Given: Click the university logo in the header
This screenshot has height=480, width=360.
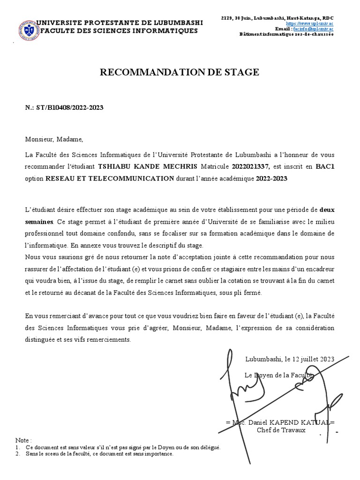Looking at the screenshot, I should tap(29, 30).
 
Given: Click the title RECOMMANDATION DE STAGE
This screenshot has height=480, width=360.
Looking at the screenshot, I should tap(179, 72).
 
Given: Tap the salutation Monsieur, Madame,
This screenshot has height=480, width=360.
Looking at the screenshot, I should tap(54, 139).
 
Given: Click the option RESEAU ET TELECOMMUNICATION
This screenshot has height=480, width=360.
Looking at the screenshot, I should tap(110, 179).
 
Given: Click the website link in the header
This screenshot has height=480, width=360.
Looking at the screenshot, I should tap(309, 23).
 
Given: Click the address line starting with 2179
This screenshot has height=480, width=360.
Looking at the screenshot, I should tap(277, 17).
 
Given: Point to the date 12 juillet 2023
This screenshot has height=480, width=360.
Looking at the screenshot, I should tap(314, 359).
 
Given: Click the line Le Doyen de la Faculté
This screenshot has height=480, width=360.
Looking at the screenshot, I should tap(279, 375).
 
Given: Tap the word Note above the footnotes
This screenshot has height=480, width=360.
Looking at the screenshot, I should tap(23, 441).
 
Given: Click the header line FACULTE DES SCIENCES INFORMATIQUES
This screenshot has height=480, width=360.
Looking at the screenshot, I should tap(113, 31).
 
